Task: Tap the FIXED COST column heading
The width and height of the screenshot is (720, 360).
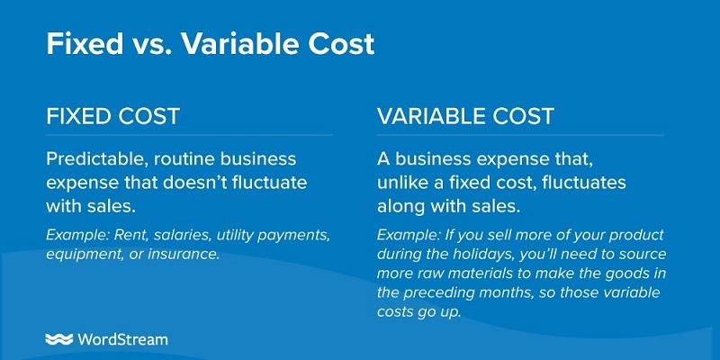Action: click(x=112, y=116)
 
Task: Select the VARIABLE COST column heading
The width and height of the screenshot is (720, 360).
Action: click(x=465, y=116)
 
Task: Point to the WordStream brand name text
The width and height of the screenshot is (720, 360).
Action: click(x=122, y=339)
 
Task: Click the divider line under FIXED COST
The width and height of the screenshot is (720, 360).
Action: click(x=189, y=136)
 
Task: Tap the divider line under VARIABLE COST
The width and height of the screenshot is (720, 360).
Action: click(x=519, y=136)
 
